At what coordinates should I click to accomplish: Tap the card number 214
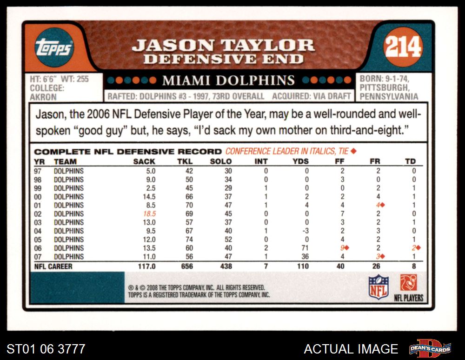point(403,47)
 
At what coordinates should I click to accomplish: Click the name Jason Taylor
point(223,46)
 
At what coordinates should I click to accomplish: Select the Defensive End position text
point(223,59)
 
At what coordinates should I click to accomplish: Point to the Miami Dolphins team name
point(228,80)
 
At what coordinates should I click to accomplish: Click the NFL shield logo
point(378,287)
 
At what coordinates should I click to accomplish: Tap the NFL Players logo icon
point(408,282)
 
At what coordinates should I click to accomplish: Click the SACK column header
point(144,161)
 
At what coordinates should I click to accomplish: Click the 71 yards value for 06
point(305,248)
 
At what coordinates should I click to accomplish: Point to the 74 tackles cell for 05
point(188,240)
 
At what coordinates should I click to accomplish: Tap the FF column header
point(339,161)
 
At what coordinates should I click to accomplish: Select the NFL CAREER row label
point(53,267)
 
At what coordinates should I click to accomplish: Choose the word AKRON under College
point(43,97)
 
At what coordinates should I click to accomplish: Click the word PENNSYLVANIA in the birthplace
point(389,97)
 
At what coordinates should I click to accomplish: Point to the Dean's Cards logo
point(430,348)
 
